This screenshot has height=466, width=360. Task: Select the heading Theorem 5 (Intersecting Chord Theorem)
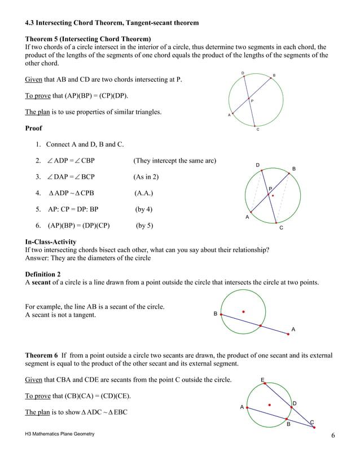[x=88, y=39]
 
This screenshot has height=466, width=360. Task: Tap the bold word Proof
[x=34, y=128]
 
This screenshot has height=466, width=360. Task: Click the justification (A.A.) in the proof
[x=143, y=193]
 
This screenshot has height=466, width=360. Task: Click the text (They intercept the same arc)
[x=174, y=161]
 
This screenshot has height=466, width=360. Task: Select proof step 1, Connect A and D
[x=85, y=144]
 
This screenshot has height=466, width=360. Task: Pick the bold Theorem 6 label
[x=42, y=355]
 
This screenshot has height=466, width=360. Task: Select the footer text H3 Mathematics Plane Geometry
[x=59, y=434]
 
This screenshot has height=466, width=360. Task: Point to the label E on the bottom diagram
[x=262, y=379]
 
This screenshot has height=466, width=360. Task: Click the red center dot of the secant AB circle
[x=243, y=311]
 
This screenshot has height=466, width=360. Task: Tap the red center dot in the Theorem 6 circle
[x=269, y=405]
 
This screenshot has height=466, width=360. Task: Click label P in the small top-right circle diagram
[x=252, y=101]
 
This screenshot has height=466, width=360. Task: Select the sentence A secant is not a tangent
[x=60, y=315]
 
